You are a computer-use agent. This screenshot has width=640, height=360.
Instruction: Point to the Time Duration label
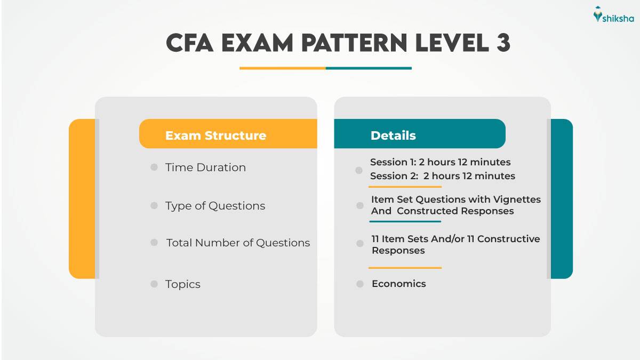pyautogui.click(x=205, y=167)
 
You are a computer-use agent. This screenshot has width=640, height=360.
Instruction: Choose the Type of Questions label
pyautogui.click(x=215, y=206)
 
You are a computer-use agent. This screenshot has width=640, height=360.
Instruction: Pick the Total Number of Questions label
pyautogui.click(x=238, y=243)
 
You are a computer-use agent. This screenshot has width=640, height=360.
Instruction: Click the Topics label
pyautogui.click(x=183, y=284)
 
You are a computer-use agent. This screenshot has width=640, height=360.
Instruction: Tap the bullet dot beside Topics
pyautogui.click(x=154, y=284)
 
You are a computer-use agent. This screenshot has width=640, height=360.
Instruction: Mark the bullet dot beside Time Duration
pyautogui.click(x=154, y=167)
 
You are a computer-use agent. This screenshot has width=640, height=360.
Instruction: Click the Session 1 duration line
pyautogui.click(x=440, y=162)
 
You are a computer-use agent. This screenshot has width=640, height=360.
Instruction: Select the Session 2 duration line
pyautogui.click(x=442, y=176)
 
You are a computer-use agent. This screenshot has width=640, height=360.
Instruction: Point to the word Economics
pyautogui.click(x=398, y=284)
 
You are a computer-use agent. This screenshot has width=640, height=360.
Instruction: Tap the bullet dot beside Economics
pyautogui.click(x=360, y=284)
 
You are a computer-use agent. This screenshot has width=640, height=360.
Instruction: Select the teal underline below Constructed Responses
pyautogui.click(x=405, y=221)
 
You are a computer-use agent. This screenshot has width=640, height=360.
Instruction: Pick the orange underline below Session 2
pyautogui.click(x=405, y=187)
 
